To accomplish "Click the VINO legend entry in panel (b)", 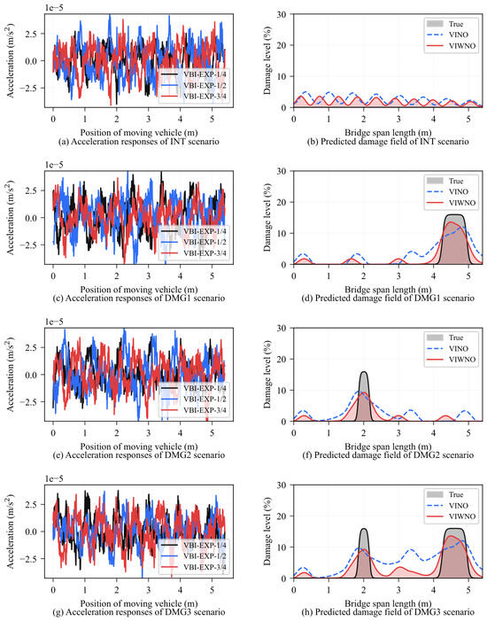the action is point(452,35).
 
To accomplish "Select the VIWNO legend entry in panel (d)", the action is point(452,203).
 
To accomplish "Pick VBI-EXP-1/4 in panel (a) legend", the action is point(194,74).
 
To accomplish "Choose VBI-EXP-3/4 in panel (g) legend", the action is point(194,567).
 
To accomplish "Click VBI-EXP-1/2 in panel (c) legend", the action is point(194,242).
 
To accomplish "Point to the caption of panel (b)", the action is point(388,142).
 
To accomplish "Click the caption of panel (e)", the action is point(139,455).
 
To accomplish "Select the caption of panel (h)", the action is point(388,612).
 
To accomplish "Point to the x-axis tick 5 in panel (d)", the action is point(468,276).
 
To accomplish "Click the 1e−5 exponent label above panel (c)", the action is point(54,165).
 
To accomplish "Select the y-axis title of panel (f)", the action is point(267,374).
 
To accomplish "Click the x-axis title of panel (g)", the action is point(139,603).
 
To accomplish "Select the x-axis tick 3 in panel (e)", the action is point(149,432).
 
